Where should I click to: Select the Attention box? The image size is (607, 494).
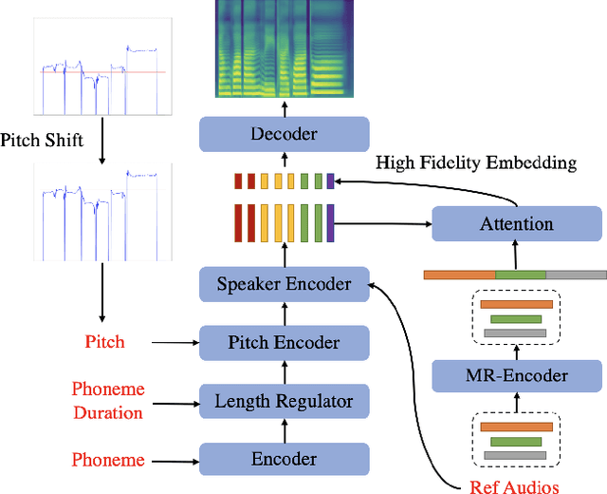pos(517,224)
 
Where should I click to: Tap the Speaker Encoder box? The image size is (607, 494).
pos(284,284)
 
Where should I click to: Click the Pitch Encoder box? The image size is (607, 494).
pos(284,342)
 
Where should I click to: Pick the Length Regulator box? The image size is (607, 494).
pos(284,401)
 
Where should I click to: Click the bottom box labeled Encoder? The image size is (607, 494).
pos(284,460)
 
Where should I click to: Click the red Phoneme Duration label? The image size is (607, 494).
pos(107,401)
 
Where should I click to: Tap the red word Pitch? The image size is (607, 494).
pos(104,342)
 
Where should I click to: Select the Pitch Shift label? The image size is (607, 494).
pos(42,141)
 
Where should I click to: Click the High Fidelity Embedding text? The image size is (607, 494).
pos(475,162)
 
